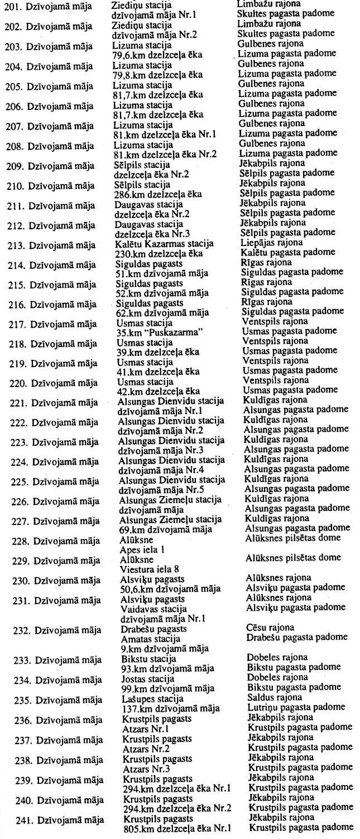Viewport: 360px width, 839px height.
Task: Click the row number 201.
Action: [x=11, y=7]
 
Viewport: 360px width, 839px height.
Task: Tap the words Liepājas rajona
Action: [x=270, y=242]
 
